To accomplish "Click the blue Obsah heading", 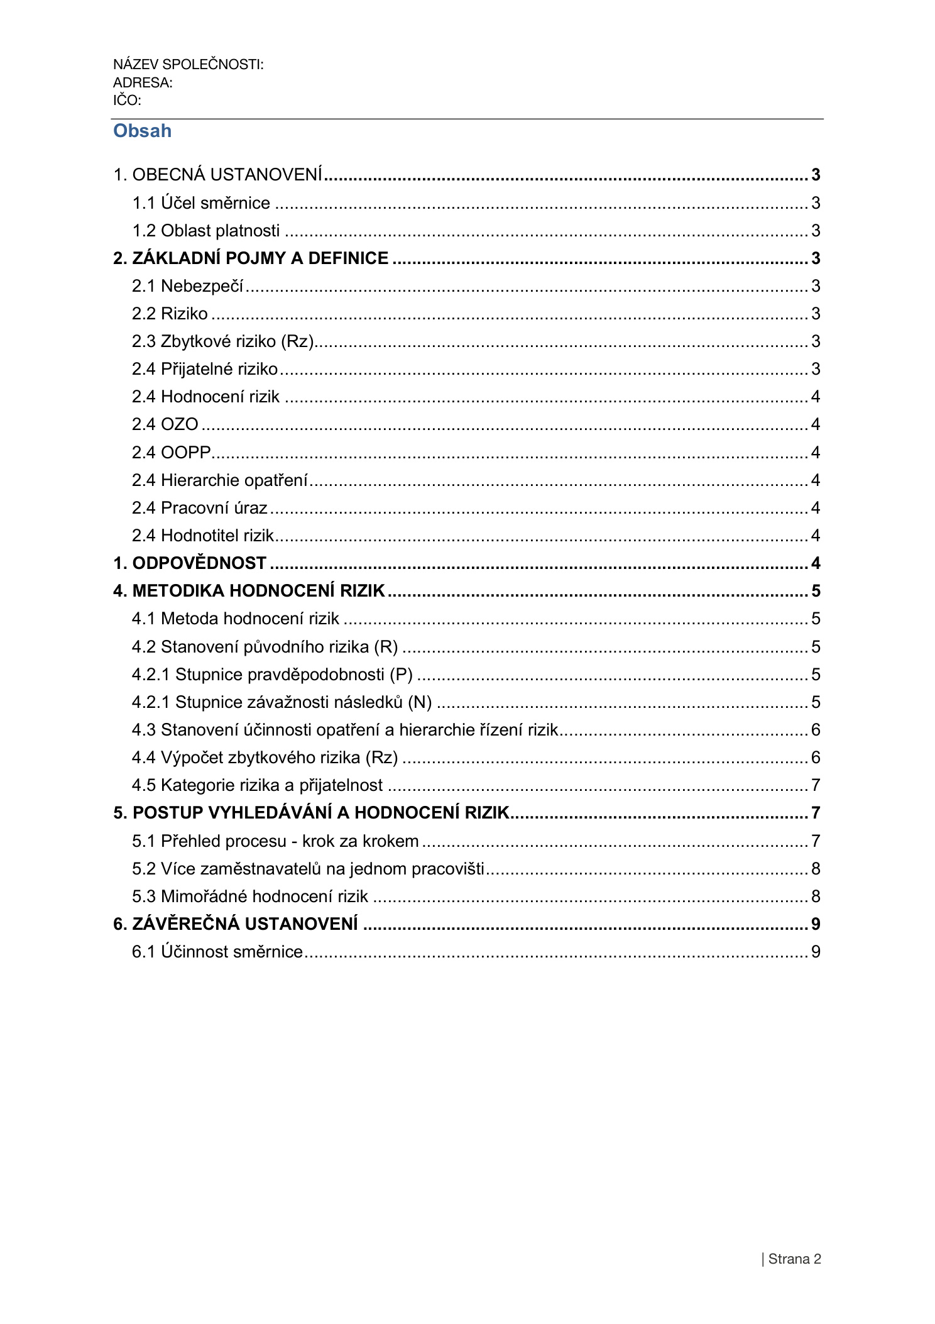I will [142, 131].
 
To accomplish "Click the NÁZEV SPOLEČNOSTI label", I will [188, 65].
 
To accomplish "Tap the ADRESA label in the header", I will [143, 83].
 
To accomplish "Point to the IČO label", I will [127, 101].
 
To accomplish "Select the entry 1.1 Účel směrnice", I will [201, 203].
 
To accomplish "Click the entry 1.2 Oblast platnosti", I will [205, 231].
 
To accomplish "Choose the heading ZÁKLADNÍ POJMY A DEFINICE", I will [251, 258].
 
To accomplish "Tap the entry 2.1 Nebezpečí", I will [187, 286].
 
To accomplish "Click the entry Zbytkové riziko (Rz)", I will [222, 341].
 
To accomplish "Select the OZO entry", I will [165, 424].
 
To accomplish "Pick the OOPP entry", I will [171, 453].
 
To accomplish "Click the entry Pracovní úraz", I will [200, 508].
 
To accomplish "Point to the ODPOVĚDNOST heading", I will [190, 563].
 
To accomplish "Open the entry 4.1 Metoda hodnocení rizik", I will [236, 619].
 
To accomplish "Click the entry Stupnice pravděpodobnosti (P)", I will [272, 675].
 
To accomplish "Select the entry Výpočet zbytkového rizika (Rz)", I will [265, 758].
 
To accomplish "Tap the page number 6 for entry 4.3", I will [816, 730].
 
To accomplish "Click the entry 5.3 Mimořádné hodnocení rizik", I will [250, 896].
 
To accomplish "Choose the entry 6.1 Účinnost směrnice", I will [217, 952].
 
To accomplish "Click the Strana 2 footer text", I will [794, 1259].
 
